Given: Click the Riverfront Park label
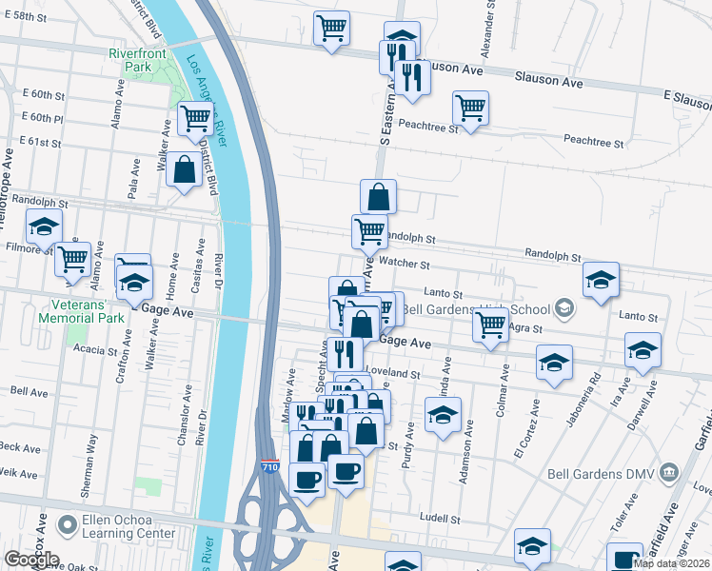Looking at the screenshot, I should (137, 60).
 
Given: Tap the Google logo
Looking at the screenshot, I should (31, 560).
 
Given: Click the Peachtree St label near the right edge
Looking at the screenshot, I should (592, 142).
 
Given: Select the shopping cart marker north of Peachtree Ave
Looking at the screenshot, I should (470, 108).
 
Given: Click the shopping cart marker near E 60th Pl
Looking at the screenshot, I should (194, 118).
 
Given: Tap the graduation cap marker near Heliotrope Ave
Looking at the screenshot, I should (43, 226).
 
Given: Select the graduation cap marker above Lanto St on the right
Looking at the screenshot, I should (601, 280).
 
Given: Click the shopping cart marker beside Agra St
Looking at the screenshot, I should (490, 325).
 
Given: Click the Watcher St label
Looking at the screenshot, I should (405, 265).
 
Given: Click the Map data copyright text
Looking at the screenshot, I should (672, 563).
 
